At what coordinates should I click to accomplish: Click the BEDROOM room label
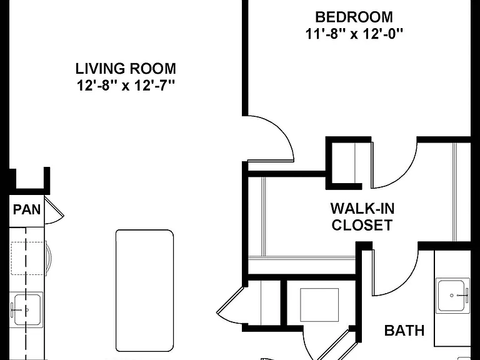(354, 17)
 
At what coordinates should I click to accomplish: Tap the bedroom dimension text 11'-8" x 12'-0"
(354, 34)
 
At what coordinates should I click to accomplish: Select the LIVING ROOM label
(126, 69)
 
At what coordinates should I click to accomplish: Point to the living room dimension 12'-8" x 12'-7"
(126, 86)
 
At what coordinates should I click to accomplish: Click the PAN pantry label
(27, 210)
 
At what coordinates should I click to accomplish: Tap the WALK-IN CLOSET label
(362, 217)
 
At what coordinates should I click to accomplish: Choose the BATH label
(404, 331)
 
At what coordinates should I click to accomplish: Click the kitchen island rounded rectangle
(144, 291)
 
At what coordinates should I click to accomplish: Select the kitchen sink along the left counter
(27, 310)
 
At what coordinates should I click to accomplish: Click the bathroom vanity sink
(452, 295)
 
